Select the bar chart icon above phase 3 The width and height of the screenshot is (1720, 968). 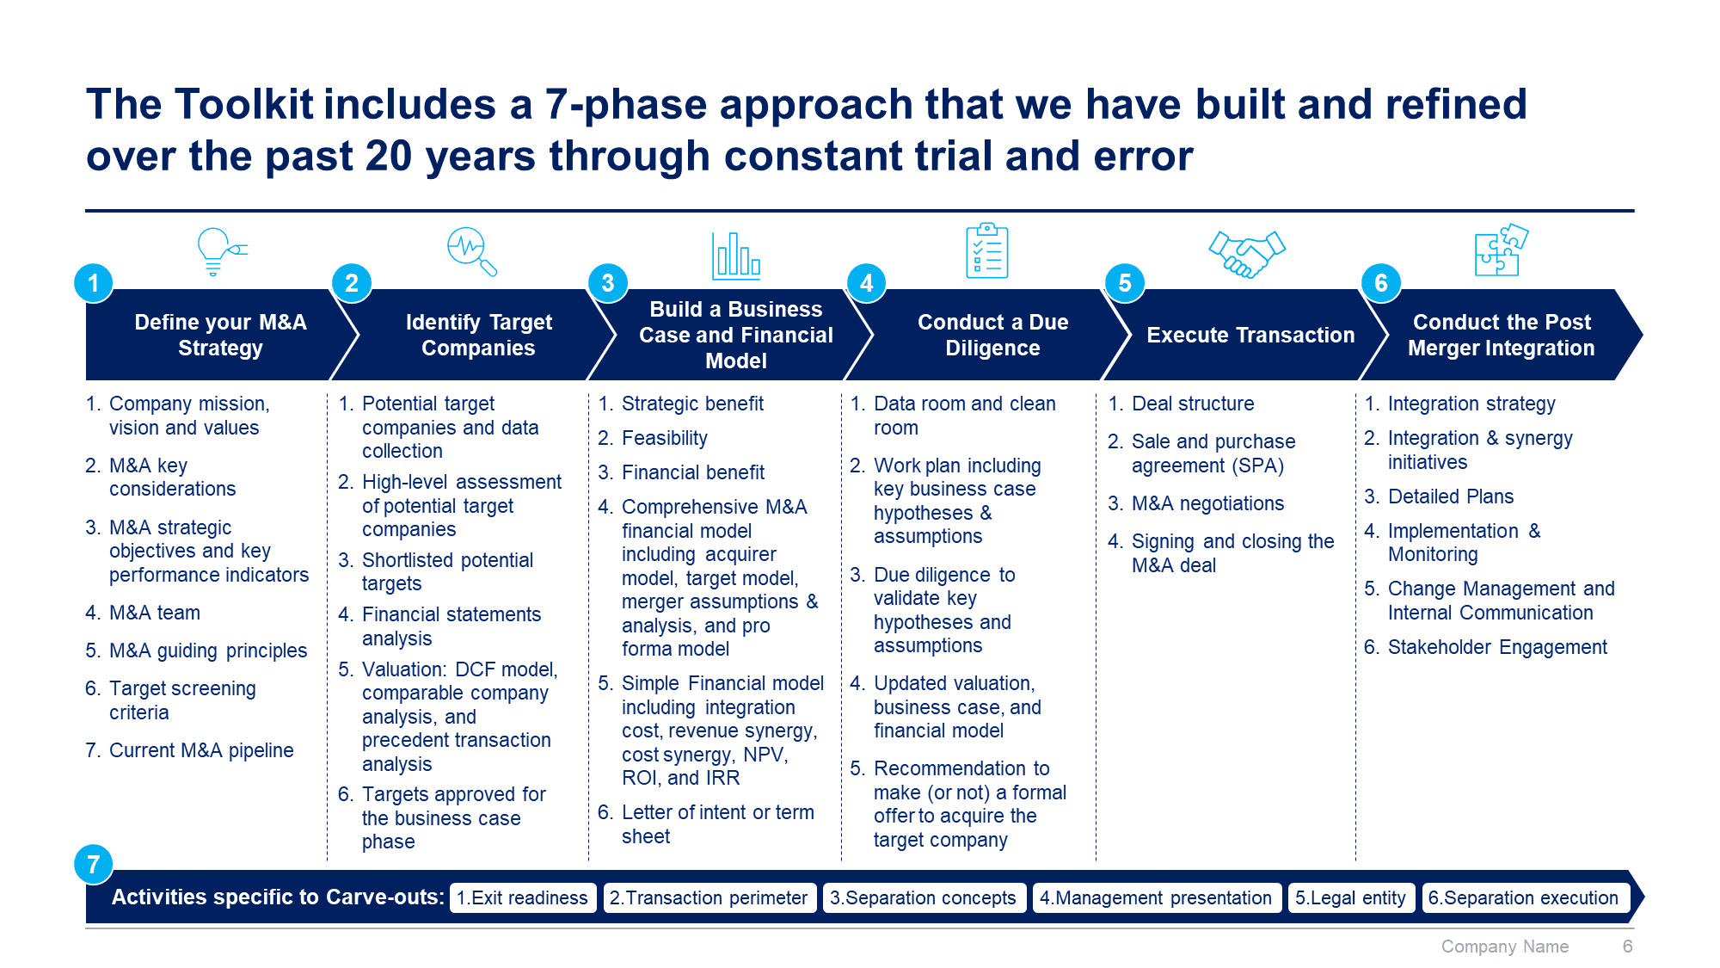tap(736, 256)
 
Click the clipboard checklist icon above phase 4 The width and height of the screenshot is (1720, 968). tap(987, 250)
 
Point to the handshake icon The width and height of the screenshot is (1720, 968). tap(1247, 254)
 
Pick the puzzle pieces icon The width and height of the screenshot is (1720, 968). tap(1502, 250)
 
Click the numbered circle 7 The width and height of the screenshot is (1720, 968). tap(94, 864)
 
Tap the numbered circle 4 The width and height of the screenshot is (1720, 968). tap(867, 283)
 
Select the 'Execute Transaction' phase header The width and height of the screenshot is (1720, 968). tap(1250, 335)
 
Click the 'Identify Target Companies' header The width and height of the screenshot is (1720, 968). tap(478, 335)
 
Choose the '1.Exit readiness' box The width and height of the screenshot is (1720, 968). tap(523, 897)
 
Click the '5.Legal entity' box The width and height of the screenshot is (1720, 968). tap(1351, 897)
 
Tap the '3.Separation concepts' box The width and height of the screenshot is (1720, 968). tap(924, 897)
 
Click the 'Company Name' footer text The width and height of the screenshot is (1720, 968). tap(1505, 946)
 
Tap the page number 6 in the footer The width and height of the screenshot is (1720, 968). tap(1627, 946)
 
